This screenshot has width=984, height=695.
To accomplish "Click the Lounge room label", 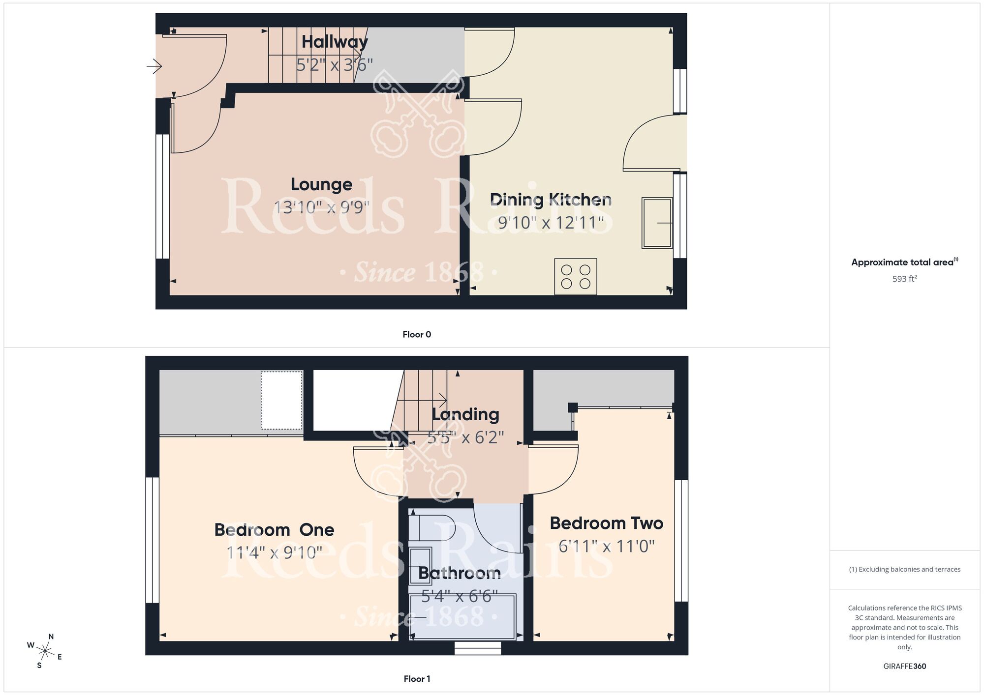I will coord(321,184).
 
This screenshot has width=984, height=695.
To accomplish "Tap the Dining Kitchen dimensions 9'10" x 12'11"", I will coord(551,223).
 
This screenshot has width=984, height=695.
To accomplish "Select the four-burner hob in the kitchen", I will coord(576,277).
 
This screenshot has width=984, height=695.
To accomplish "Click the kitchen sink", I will coord(657,223).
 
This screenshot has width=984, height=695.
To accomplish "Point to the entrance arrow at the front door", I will coord(154,65).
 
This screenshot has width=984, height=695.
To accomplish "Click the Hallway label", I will coord(335,42).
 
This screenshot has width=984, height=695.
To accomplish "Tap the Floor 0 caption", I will coord(417,334).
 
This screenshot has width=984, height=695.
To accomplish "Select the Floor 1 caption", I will coord(417,679).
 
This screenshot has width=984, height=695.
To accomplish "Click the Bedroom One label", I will coord(274,530).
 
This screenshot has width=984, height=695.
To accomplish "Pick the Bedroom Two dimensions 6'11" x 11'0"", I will coord(606,546).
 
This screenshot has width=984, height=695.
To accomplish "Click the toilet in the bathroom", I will coord(432,527).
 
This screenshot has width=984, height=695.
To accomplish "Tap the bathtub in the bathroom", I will coord(462,617).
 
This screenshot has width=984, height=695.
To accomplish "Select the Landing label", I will coord(465,414).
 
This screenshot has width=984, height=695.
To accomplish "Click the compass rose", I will coord(45,652).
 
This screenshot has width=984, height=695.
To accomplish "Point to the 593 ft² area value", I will coord(905,279).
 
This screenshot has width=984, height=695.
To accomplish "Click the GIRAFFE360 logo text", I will coord(905,666).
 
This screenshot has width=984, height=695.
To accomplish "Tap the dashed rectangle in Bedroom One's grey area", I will coord(281,400).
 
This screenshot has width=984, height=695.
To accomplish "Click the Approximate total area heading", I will coord(904,262).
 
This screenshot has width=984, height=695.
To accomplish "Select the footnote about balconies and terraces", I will coord(905,569).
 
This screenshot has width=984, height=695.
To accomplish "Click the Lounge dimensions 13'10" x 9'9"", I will coord(321,207).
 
